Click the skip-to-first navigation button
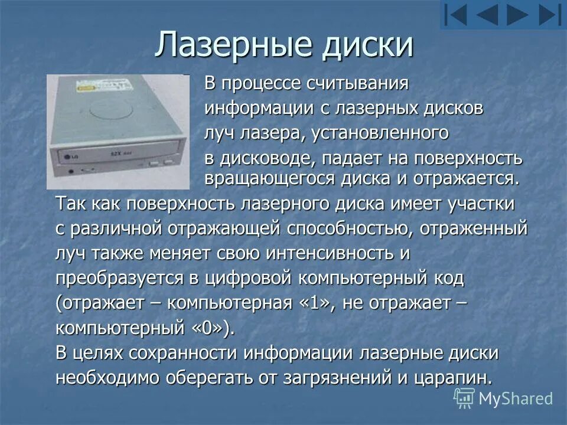pyautogui.click(x=455, y=14)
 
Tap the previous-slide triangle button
pyautogui.click(x=487, y=14)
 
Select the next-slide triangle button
pyautogui.click(x=517, y=14)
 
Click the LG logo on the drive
pyautogui.click(x=74, y=156)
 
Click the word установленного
pyautogui.click(x=376, y=133)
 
